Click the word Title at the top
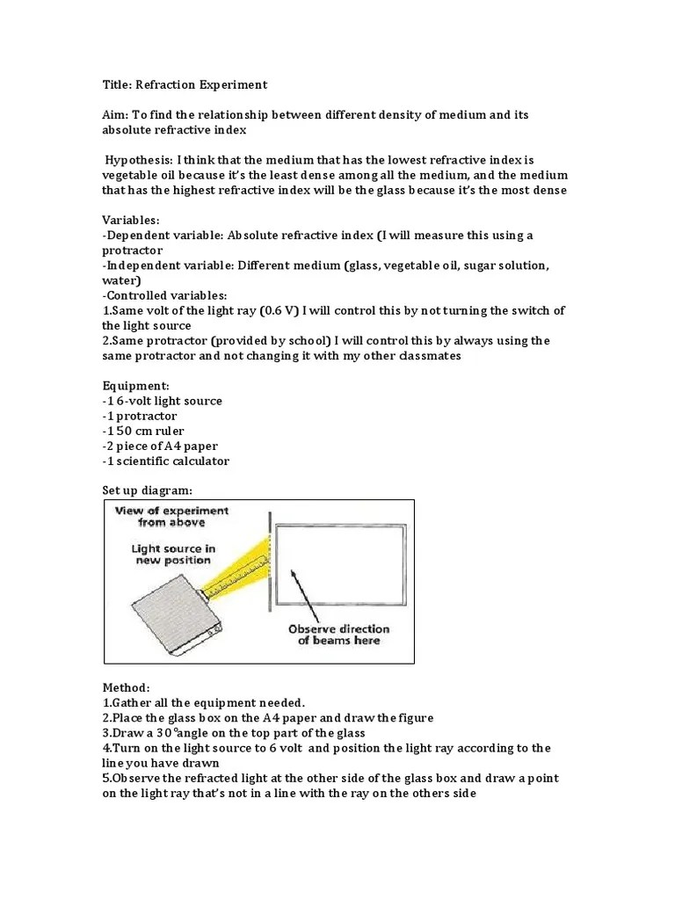(x=118, y=85)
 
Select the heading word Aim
(x=116, y=116)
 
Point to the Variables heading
(x=131, y=221)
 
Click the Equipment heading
(x=134, y=386)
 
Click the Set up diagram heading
(x=146, y=490)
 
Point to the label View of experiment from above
(x=171, y=516)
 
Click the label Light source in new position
(x=173, y=555)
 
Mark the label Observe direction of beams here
(x=339, y=635)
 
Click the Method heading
(x=127, y=687)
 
